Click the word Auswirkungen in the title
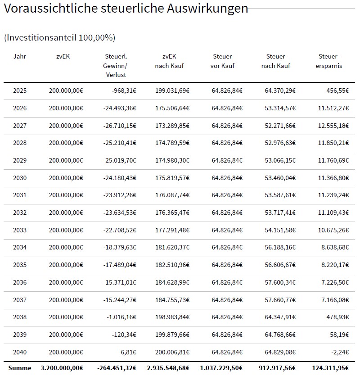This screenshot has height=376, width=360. (x=207, y=9)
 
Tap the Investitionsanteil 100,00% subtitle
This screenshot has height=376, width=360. (x=60, y=38)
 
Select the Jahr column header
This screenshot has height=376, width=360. (x=20, y=56)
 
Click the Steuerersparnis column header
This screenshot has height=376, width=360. (x=328, y=61)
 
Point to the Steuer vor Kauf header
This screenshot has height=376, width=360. (x=222, y=61)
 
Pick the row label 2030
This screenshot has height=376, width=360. (x=20, y=178)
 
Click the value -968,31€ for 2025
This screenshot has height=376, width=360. (x=124, y=91)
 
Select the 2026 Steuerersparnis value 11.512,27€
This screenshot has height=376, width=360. (x=333, y=108)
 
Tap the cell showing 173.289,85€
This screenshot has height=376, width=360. (x=172, y=126)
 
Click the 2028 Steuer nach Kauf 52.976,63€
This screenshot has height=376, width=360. (x=280, y=143)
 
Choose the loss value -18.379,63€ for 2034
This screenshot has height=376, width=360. (x=120, y=247)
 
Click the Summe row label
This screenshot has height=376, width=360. (x=20, y=368)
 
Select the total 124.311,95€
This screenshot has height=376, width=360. (x=330, y=368)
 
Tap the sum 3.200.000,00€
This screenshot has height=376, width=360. (x=62, y=368)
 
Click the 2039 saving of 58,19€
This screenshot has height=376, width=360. (x=339, y=335)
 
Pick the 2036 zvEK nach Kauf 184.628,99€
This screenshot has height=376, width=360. (x=172, y=282)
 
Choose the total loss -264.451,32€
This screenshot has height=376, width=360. (x=117, y=368)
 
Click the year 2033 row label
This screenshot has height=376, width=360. (x=20, y=230)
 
